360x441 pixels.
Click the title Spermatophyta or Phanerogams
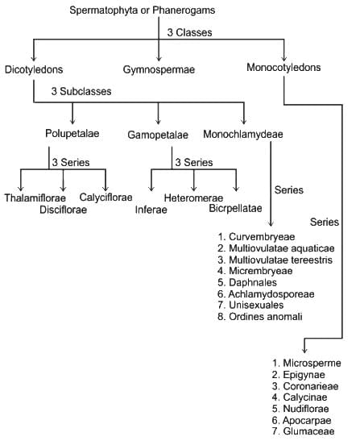143,10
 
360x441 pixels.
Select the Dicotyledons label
34,69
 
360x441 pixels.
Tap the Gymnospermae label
159,69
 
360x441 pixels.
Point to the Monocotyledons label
283,68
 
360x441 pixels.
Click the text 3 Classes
189,32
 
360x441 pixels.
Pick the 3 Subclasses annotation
81,91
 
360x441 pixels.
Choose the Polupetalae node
72,133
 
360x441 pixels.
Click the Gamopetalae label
158,135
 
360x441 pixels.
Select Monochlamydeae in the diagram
243,134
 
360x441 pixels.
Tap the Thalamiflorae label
35,198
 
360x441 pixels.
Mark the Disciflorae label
64,210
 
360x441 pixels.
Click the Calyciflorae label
106,198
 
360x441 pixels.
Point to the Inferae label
151,210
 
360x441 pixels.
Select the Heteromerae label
193,198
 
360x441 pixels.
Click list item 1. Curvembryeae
256,237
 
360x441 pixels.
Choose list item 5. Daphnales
247,282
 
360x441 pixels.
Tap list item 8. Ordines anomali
260,317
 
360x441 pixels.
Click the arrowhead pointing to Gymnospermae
159,59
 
